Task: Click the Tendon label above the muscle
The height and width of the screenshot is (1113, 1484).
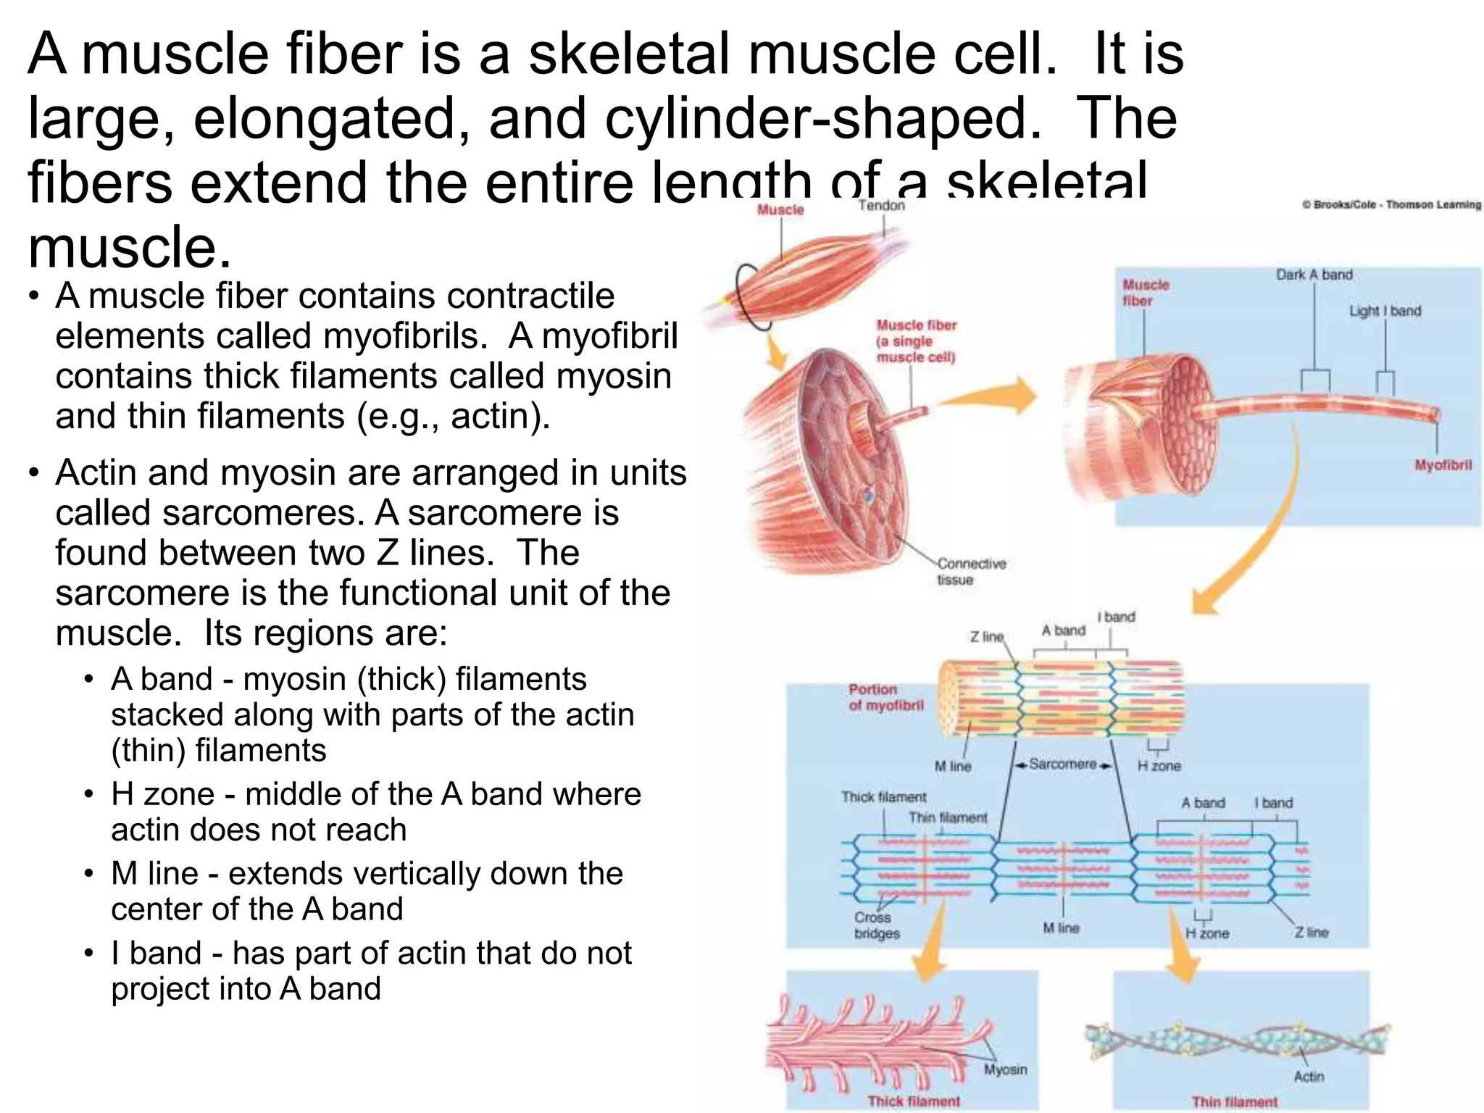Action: pyautogui.click(x=881, y=206)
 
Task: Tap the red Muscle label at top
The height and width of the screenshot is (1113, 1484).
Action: pyautogui.click(x=780, y=209)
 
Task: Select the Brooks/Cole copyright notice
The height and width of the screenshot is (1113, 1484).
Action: pyautogui.click(x=1391, y=205)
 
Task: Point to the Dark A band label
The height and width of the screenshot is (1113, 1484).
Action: pyautogui.click(x=1314, y=275)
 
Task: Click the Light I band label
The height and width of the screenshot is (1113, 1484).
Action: pyautogui.click(x=1385, y=311)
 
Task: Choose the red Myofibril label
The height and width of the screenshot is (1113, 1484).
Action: pyautogui.click(x=1443, y=465)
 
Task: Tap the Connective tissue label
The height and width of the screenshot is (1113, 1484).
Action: pyautogui.click(x=971, y=571)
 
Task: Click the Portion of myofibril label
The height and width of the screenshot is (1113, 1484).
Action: pyautogui.click(x=885, y=697)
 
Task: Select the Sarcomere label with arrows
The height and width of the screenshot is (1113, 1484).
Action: pyautogui.click(x=1062, y=764)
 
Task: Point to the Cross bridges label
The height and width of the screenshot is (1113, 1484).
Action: pyautogui.click(x=877, y=925)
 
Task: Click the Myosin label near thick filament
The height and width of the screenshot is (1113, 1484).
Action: pyautogui.click(x=1005, y=1070)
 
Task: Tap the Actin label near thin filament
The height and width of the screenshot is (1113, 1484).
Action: pyautogui.click(x=1309, y=1077)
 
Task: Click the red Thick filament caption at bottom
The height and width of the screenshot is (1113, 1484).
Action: pyautogui.click(x=914, y=1101)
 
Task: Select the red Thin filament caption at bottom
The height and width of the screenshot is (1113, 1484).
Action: pyautogui.click(x=1235, y=1102)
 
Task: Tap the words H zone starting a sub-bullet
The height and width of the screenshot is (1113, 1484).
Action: pyautogui.click(x=162, y=794)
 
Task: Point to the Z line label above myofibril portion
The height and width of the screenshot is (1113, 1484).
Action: pyautogui.click(x=986, y=637)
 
